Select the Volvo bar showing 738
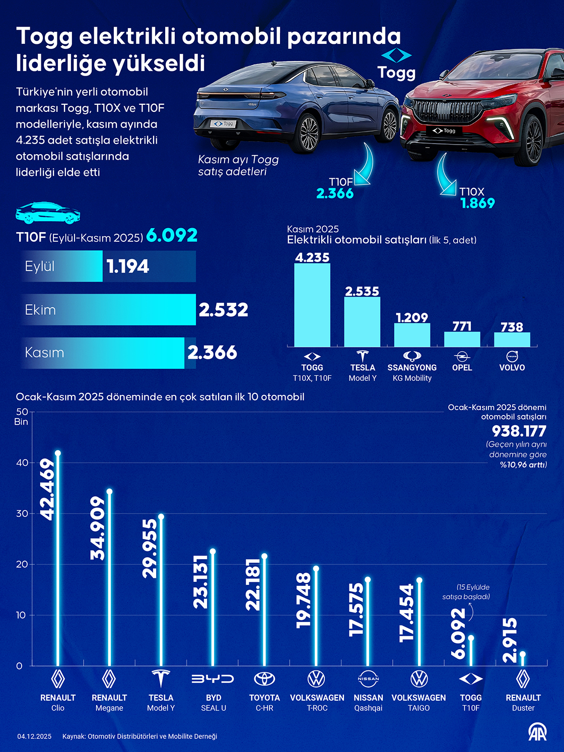pyautogui.click(x=512, y=339)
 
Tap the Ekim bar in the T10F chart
pyautogui.click(x=109, y=309)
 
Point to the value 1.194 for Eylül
pyautogui.click(x=128, y=266)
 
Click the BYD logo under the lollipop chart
pyautogui.click(x=213, y=679)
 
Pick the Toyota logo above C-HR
pyautogui.click(x=264, y=679)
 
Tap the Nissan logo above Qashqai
pyautogui.click(x=368, y=679)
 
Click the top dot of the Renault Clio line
pyautogui.click(x=58, y=453)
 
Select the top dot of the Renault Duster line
pyautogui.click(x=523, y=654)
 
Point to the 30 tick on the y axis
pyautogui.click(x=22, y=513)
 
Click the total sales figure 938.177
pyautogui.click(x=519, y=431)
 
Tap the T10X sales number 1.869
pyautogui.click(x=477, y=203)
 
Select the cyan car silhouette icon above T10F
pyautogui.click(x=48, y=213)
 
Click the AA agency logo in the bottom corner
pyautogui.click(x=537, y=732)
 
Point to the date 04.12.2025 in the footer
pyautogui.click(x=34, y=736)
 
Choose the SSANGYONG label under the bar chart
pyautogui.click(x=412, y=368)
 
